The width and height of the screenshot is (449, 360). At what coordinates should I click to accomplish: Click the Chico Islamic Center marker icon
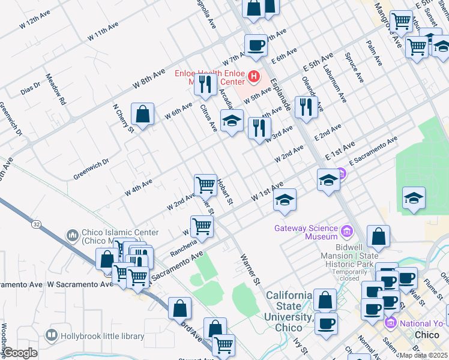point(73,234)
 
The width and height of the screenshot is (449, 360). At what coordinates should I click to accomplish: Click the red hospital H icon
point(254,77)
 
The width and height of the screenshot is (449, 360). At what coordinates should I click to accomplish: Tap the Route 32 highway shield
point(36,224)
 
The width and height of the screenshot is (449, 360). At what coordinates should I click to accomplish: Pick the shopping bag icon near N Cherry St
point(143,113)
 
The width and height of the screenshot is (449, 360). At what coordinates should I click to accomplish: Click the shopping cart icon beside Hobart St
point(205,184)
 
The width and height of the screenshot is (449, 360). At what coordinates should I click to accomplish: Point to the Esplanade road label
point(280,97)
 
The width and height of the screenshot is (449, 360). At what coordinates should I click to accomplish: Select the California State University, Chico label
point(289,311)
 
